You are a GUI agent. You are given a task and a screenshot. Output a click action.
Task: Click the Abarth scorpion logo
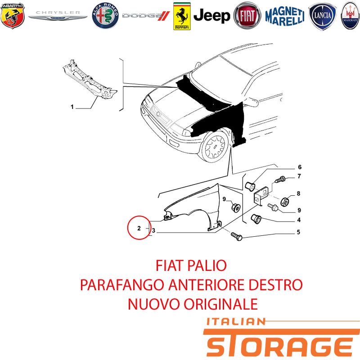coord(13,16)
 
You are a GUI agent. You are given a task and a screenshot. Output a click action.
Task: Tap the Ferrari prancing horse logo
coord(182,16)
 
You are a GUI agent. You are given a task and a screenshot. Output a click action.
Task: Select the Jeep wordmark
coord(211,16)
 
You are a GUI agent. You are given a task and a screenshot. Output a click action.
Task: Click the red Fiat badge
coord(247,16)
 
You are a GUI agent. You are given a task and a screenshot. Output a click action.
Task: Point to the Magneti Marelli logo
coord(285,16)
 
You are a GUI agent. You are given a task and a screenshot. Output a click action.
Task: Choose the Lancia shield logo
coord(322,16)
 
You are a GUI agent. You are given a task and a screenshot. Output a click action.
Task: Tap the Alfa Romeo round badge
coord(105,16)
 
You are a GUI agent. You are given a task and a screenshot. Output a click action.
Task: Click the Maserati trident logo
coord(351,16)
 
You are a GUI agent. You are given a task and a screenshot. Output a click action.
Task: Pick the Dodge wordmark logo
coord(146,16)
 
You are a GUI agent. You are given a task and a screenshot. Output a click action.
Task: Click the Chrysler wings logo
coord(58,15)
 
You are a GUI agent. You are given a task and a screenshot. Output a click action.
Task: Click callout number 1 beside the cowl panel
coord(72,107)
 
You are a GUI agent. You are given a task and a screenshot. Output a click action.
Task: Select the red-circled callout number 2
coord(139,228)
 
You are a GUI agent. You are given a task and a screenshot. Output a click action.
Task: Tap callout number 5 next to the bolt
coord(298,232)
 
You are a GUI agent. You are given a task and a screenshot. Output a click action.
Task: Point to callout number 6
coord(300,167)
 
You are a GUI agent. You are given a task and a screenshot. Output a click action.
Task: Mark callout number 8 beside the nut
coord(298,193)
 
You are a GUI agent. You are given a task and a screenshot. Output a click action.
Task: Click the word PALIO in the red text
coord(207,265)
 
